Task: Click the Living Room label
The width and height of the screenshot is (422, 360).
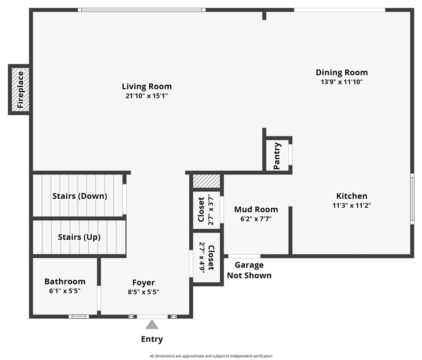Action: pyautogui.click(x=147, y=87)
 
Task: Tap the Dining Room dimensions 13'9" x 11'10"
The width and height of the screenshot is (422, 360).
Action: pyautogui.click(x=341, y=82)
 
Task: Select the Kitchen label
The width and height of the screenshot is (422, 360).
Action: pyautogui.click(x=352, y=196)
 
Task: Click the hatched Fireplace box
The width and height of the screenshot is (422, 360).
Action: pyautogui.click(x=20, y=89)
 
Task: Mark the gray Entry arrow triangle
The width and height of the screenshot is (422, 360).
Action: pyautogui.click(x=152, y=324)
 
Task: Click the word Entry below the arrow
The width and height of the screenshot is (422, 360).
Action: pyautogui.click(x=152, y=339)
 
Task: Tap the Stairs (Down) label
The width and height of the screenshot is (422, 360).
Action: pyautogui.click(x=79, y=196)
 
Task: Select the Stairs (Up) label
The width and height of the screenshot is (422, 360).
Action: pyautogui.click(x=79, y=237)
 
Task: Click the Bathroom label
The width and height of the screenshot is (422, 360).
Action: pyautogui.click(x=65, y=281)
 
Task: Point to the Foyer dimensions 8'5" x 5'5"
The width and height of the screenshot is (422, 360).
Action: pyautogui.click(x=144, y=292)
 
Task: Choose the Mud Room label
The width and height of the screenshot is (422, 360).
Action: pyautogui.click(x=256, y=209)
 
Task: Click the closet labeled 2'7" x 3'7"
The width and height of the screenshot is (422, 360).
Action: pyautogui.click(x=206, y=210)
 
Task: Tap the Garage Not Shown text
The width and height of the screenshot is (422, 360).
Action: pyautogui.click(x=249, y=270)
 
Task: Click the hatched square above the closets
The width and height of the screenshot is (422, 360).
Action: pyautogui.click(x=207, y=181)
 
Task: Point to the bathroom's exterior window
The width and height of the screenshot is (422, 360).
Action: pyautogui.click(x=79, y=316)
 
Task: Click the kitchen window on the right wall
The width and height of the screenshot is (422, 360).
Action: pyautogui.click(x=412, y=199)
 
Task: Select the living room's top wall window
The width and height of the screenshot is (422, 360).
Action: pyautogui.click(x=141, y=10)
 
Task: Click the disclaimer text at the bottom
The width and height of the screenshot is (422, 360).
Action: pyautogui.click(x=211, y=356)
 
